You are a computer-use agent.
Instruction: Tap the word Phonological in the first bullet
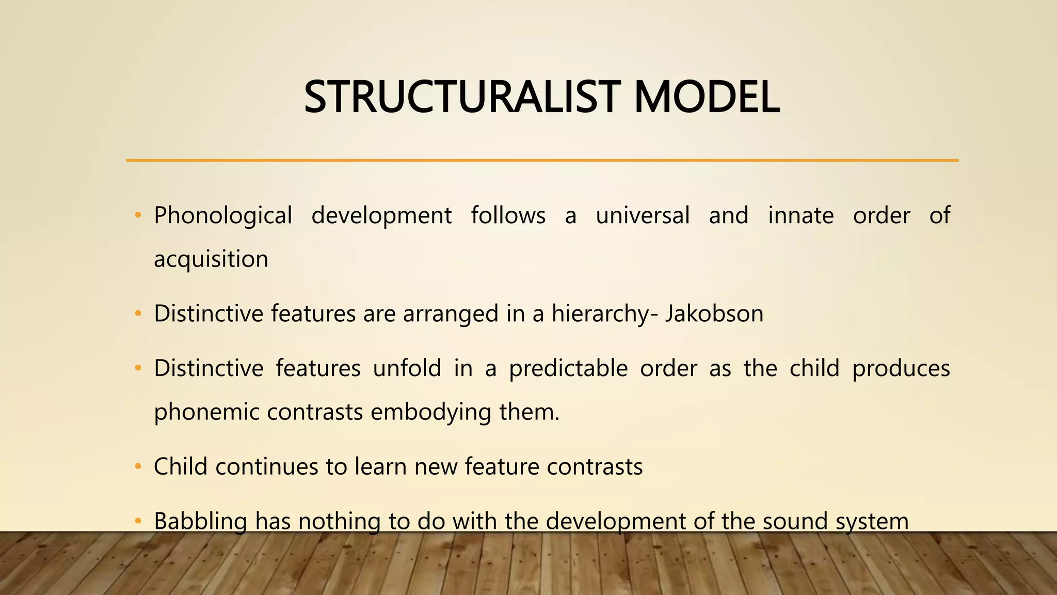click(223, 216)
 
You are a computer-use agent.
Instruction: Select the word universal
click(642, 215)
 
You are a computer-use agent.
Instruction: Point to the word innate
click(800, 215)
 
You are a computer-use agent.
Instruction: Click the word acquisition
click(211, 259)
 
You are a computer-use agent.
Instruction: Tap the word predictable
click(568, 369)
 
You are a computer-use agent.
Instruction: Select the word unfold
click(407, 368)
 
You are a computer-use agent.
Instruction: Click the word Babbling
click(200, 521)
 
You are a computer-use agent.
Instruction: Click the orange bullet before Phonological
click(137, 215)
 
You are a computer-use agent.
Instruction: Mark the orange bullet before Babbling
click(137, 521)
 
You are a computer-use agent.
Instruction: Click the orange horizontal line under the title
click(542, 161)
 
